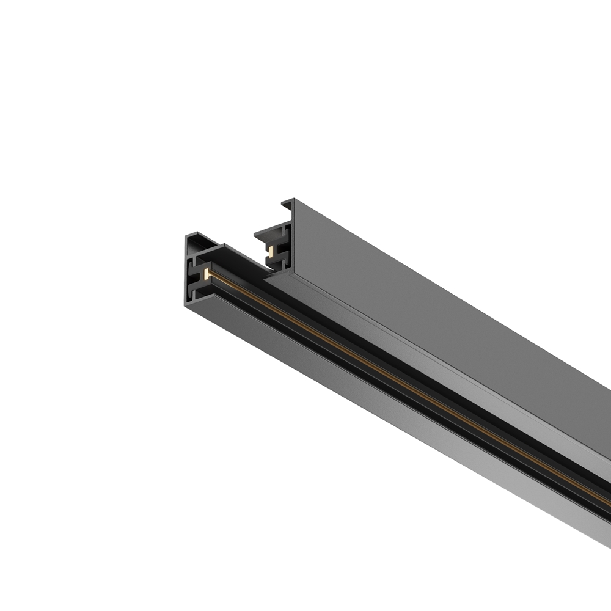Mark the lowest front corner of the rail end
click(186, 305)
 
